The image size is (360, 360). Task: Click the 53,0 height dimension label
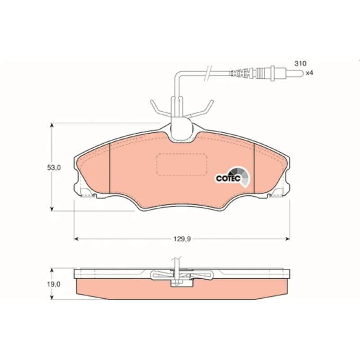click(54, 167)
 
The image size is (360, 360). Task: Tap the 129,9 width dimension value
click(182, 239)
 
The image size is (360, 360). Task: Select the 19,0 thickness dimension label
click(54, 284)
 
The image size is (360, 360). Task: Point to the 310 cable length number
click(300, 63)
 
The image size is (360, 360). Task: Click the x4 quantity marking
click(310, 73)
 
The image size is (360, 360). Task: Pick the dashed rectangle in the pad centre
click(182, 165)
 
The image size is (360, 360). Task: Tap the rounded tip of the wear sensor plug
click(301, 73)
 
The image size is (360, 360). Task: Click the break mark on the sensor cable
click(208, 72)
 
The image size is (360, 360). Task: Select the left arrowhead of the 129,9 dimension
click(76, 239)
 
